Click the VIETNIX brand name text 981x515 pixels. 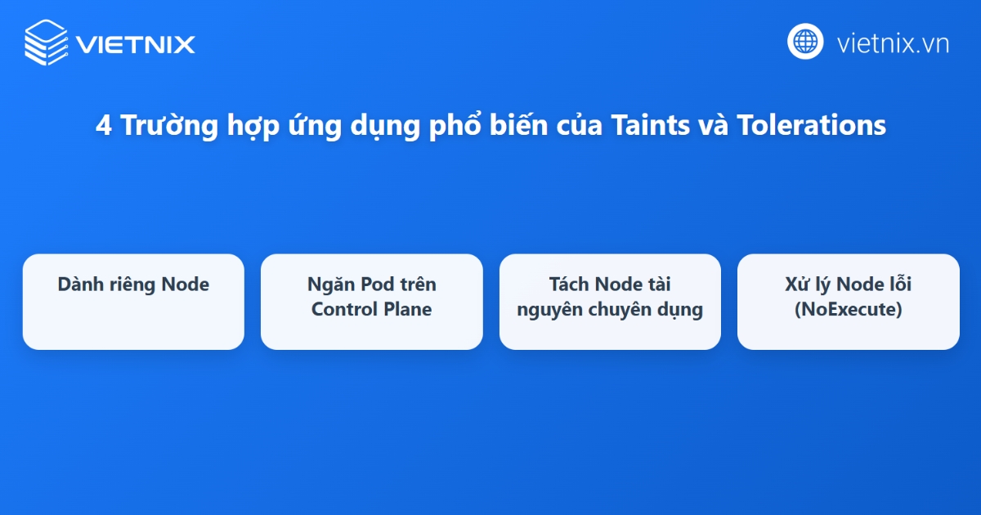[x=136, y=43]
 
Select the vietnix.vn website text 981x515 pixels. [x=893, y=43]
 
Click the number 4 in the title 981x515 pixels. [x=103, y=127]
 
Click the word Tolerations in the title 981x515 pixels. [x=811, y=127]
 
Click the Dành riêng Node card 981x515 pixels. [x=133, y=302]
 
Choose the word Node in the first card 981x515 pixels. [x=185, y=284]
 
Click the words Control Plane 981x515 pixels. [x=371, y=310]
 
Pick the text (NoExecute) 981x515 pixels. [x=848, y=310]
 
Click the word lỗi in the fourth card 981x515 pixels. [x=898, y=284]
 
